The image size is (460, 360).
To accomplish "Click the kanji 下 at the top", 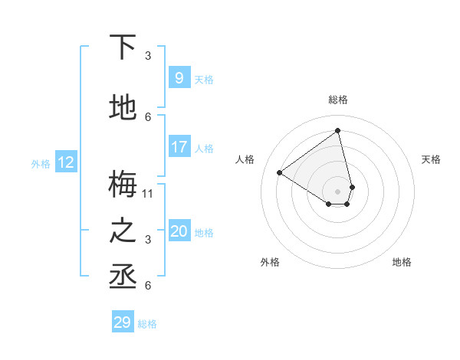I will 124,47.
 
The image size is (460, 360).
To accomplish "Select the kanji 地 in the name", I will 124,109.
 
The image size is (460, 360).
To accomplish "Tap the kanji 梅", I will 124,185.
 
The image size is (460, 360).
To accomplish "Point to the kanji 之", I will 124,231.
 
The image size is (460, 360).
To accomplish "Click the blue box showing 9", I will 179,78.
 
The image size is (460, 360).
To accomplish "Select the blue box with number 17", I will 179,147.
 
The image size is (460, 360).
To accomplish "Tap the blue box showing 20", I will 179,231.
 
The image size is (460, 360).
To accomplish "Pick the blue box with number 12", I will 65,162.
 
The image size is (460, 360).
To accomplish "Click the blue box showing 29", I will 122,322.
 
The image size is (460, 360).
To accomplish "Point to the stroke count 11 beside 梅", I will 148,193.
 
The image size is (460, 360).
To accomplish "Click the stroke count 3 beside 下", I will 148,56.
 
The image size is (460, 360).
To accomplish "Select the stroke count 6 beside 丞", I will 148,286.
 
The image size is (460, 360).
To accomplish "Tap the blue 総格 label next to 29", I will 147,324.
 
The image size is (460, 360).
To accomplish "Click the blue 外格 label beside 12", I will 41,163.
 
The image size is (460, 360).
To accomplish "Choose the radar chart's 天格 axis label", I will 431,159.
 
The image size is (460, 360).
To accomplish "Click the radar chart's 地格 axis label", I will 402,262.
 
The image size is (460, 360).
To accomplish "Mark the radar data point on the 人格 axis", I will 280,173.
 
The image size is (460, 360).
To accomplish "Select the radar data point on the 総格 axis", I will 338,130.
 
